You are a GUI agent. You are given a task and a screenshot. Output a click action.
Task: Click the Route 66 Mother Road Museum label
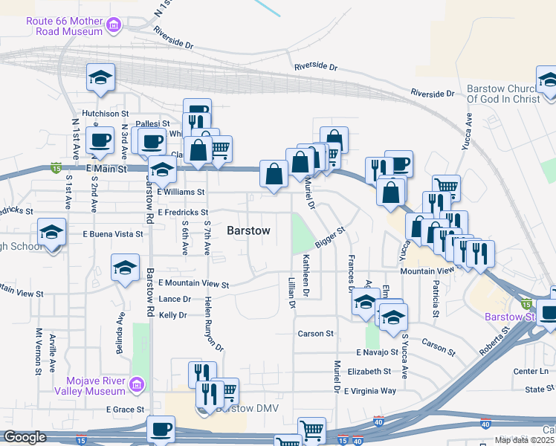pos(64,27)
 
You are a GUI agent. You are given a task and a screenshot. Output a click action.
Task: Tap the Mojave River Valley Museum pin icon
pos(136,384)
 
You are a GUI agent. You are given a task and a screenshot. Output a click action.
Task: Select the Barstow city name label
pos(248,230)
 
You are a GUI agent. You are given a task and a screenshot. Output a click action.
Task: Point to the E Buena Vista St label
pos(111,234)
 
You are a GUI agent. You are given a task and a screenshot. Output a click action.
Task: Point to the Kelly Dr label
pos(172,315)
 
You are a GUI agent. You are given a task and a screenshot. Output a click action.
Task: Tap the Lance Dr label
pos(175,299)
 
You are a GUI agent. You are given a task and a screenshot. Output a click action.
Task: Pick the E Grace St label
pos(124,409)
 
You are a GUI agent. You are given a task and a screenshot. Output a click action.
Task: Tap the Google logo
pos(24,437)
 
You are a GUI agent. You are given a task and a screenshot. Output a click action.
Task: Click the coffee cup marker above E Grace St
pos(161,429)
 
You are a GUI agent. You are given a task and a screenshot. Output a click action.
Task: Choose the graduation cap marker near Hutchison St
pos(100,78)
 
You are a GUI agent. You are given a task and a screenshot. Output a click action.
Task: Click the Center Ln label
pos(530,371)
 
